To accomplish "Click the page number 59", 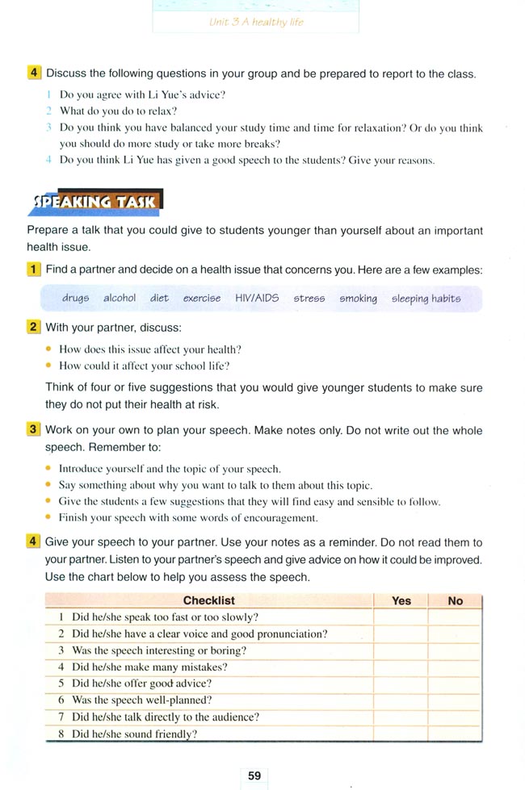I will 254,775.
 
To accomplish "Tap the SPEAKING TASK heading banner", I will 96,201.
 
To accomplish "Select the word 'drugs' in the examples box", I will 76,299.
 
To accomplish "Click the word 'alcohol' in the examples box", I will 120,299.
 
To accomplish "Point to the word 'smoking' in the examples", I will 358,299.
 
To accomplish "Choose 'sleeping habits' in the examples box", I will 426,299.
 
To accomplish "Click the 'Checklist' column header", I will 209,600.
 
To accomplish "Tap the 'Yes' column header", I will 401,600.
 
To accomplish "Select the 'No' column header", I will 456,600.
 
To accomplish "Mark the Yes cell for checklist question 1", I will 401,617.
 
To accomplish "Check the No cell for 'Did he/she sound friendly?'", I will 456,734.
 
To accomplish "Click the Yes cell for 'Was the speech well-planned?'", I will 401,700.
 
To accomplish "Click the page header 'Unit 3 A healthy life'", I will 256,22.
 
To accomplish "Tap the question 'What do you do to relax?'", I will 118,111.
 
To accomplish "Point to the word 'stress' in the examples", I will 309,299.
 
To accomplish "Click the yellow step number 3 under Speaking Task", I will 33,430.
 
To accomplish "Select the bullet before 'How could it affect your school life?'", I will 49,366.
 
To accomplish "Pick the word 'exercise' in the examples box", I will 201,299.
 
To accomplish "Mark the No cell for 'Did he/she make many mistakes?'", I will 456,667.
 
